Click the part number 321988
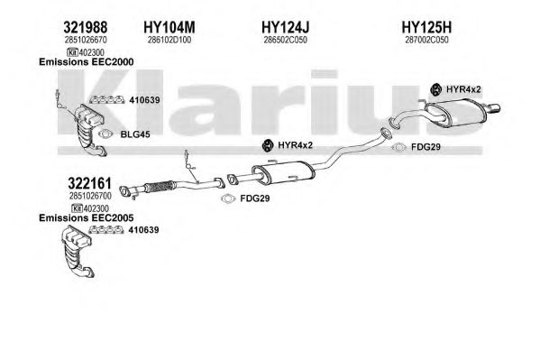tap(86, 27)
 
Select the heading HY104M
tap(169, 27)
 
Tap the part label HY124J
tap(286, 27)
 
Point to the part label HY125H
tap(426, 27)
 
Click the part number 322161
tap(89, 183)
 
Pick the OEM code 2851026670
tap(86, 40)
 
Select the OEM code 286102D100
tap(169, 40)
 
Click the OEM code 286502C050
tap(285, 40)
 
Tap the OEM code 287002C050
tap(426, 40)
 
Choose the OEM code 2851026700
tap(90, 196)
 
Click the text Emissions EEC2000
tap(87, 62)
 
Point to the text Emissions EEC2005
tap(87, 218)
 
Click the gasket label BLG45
tap(135, 134)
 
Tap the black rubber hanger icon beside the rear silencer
tap(436, 89)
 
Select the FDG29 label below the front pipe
tap(254, 198)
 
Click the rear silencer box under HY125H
tap(455, 113)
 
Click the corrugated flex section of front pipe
tap(159, 187)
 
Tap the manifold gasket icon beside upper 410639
tap(106, 100)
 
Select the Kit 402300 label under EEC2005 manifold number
tap(90, 208)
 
